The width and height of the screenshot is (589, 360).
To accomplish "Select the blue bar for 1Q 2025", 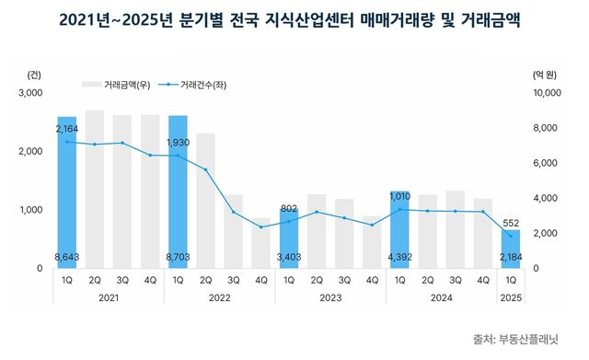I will [511, 249].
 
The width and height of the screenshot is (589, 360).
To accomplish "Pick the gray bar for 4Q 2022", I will [261, 243].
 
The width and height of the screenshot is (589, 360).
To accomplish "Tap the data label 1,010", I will [400, 195].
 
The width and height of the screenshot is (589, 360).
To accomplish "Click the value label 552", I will [511, 223].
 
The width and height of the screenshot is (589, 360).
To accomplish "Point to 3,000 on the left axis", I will [30, 93].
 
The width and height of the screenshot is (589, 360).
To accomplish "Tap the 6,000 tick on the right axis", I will [547, 163].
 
